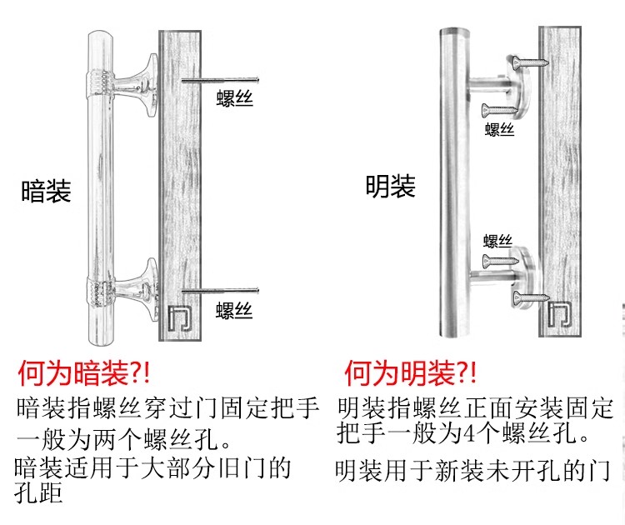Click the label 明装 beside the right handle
pyautogui.click(x=390, y=186)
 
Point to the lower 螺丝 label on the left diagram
pyautogui.click(x=234, y=311)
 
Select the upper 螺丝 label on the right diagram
pyautogui.click(x=499, y=129)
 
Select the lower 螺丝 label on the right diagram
pyautogui.click(x=497, y=241)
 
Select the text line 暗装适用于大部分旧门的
pyautogui.click(x=153, y=467)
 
